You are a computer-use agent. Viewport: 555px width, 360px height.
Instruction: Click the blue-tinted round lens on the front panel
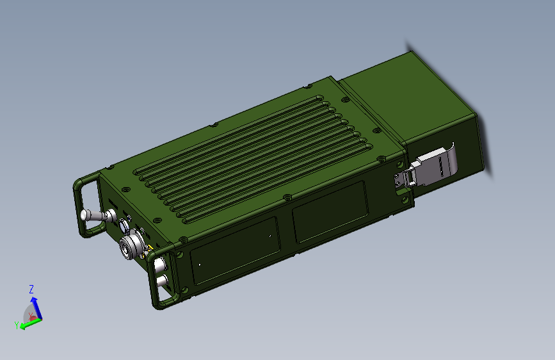[x=124, y=225]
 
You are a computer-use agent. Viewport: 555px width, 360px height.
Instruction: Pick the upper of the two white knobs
[x=160, y=264]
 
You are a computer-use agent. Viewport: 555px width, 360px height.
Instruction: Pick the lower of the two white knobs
[x=162, y=281]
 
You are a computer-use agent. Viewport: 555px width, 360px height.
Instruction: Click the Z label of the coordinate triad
[x=31, y=289]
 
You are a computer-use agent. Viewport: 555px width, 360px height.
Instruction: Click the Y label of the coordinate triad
[x=16, y=325]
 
